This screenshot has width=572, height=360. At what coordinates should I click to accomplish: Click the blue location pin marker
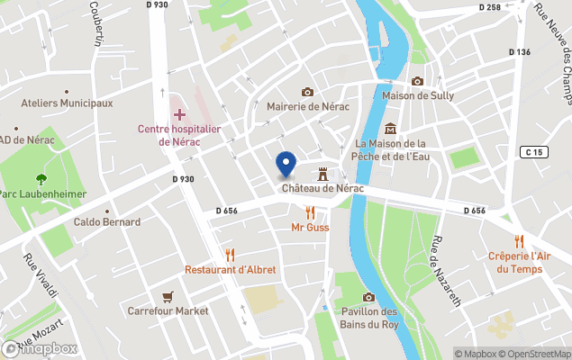[286, 164]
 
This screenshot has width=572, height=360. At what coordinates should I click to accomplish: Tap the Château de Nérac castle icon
[322, 173]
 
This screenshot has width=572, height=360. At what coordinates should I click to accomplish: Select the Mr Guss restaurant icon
[310, 212]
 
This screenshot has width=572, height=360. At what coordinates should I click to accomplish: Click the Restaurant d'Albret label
[231, 269]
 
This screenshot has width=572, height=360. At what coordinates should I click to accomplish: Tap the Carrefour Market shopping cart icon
[168, 296]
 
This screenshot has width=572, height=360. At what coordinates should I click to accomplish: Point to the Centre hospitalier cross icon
[178, 114]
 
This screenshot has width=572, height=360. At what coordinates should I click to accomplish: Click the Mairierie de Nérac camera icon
[307, 92]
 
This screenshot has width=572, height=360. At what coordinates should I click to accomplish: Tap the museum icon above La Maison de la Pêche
[390, 129]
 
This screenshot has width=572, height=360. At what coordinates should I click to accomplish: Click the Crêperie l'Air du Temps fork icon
[518, 241]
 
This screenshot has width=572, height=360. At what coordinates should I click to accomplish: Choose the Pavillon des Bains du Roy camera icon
[368, 298]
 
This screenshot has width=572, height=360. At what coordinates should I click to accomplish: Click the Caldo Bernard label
[107, 221]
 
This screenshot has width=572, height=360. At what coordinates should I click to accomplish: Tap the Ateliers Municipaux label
[68, 103]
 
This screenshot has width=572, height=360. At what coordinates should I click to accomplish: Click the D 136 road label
[519, 52]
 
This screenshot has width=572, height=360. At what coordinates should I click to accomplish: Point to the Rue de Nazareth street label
[443, 268]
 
